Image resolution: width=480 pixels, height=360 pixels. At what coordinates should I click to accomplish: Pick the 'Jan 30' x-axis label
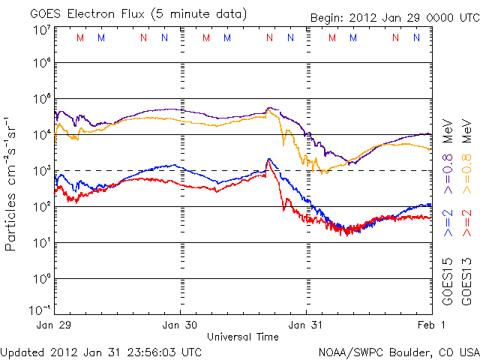click(181, 325)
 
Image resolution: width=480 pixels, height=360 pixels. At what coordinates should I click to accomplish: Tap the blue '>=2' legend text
click(448, 223)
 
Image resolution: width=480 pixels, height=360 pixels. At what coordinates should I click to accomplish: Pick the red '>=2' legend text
click(466, 223)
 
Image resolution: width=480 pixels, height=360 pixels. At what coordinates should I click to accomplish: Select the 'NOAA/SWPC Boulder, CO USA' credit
click(398, 351)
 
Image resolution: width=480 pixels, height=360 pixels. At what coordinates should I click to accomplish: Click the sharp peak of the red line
click(268, 159)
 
